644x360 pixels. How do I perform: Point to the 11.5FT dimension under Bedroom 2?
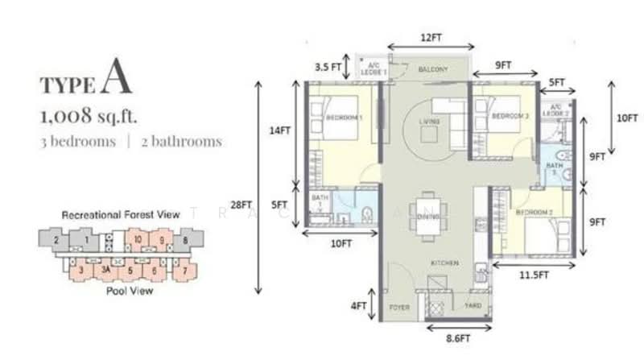pos(533,275)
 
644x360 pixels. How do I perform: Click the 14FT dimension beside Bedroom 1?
pos(280,129)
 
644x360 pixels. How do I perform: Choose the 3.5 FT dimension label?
pos(327,66)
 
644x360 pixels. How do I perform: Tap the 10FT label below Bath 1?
pos(341,243)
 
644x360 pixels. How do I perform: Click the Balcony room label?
pos(433,70)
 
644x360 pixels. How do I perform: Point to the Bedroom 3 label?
pos(510,116)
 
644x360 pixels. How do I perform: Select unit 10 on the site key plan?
pos(138,239)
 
